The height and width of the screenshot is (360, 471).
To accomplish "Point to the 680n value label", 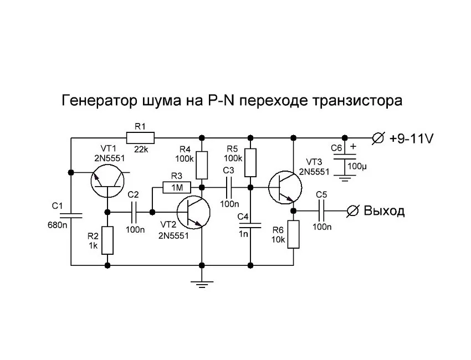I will [57, 225].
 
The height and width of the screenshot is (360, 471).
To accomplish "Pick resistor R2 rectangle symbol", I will [108, 240].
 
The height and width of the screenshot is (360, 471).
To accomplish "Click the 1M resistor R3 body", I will [177, 188].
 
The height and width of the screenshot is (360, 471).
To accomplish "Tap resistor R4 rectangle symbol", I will [202, 164].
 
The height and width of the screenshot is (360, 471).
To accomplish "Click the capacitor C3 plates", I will [227, 188].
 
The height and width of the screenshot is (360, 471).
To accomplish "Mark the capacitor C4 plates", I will [250, 224].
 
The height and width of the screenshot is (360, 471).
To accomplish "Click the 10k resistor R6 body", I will [293, 234].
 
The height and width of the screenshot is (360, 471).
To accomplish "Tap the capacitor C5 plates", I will [321, 211].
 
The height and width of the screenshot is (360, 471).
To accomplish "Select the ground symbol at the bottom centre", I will [202, 284].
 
